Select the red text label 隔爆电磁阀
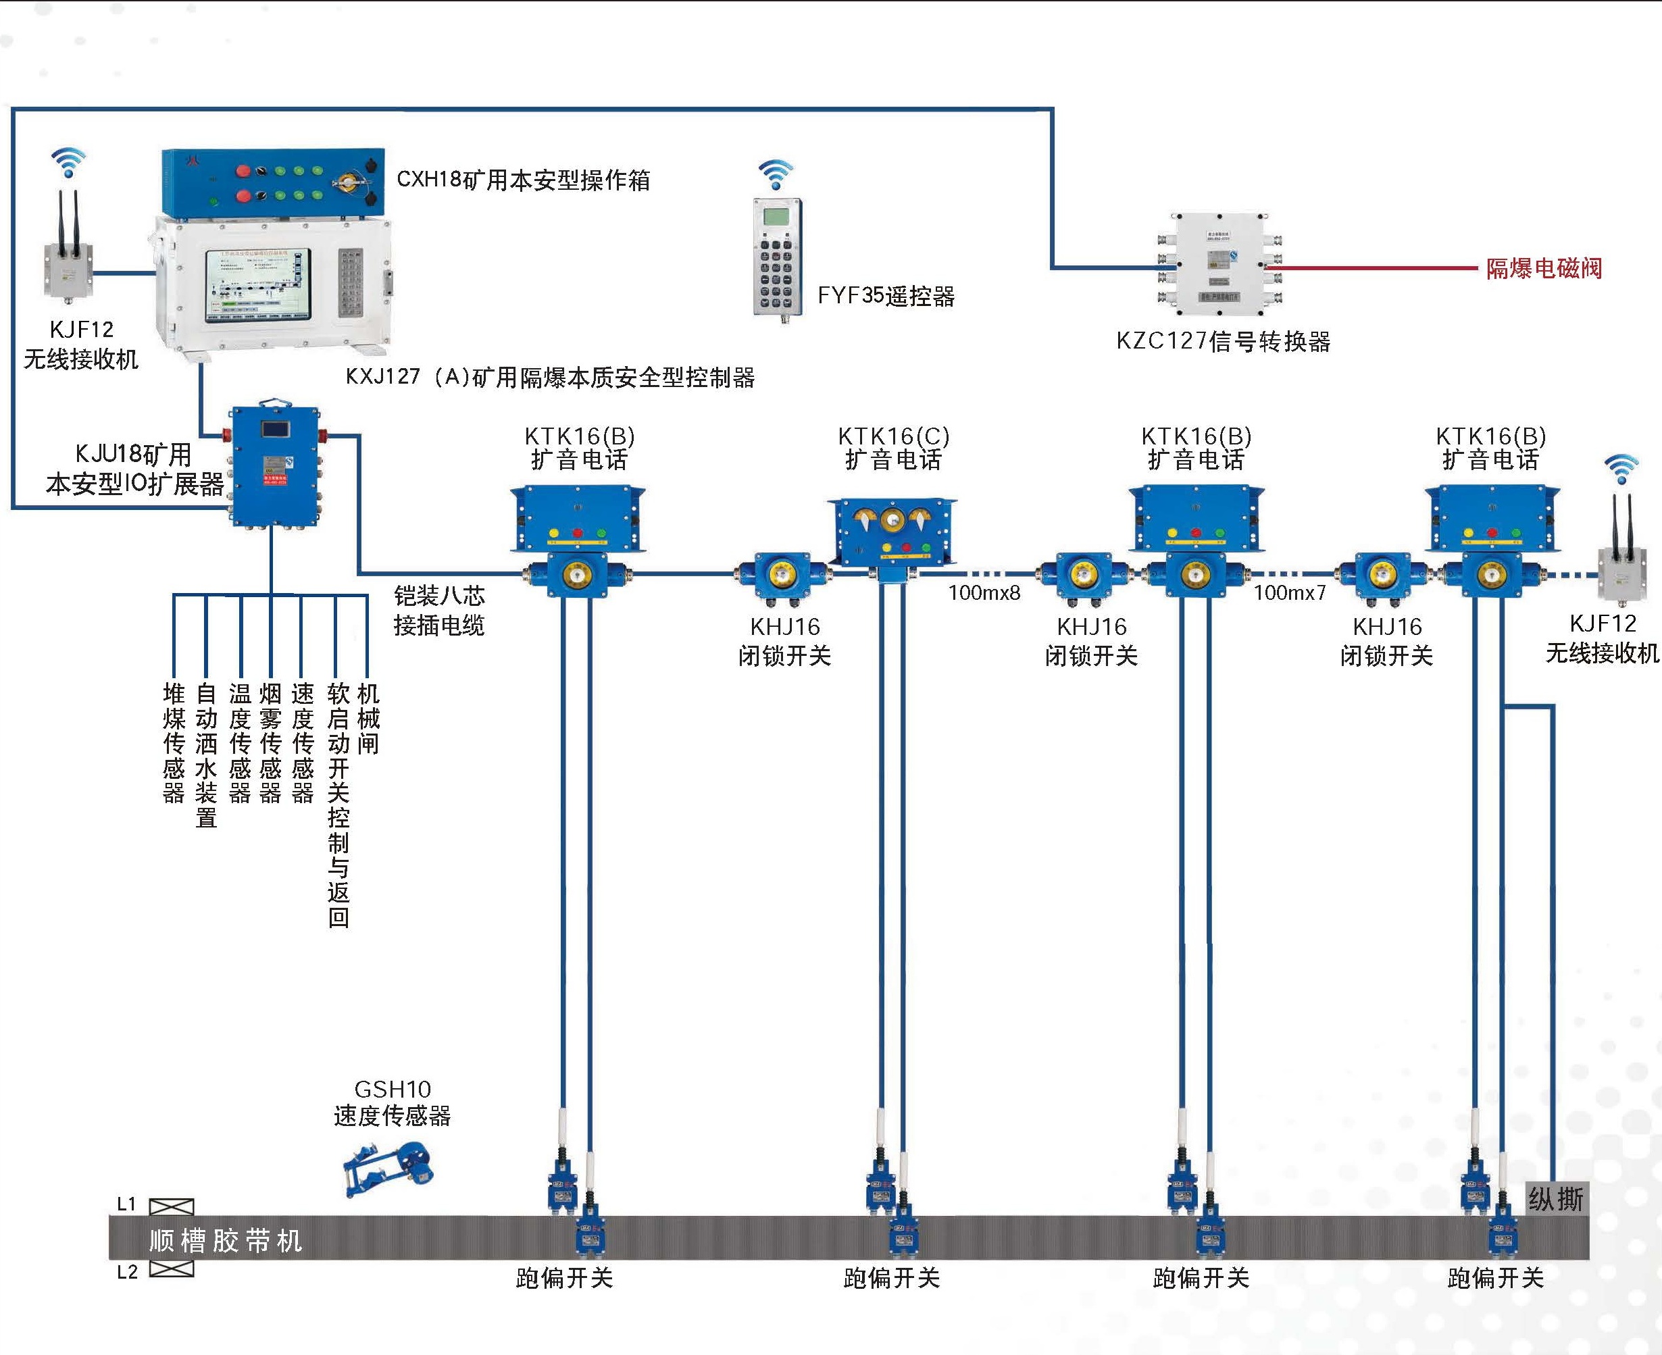coord(1543,269)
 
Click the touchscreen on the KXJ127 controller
coord(257,286)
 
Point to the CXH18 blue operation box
coord(273,181)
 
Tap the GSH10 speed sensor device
coord(388,1169)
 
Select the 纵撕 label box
coord(1556,1199)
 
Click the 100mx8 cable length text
coord(984,592)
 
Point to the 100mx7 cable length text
coord(1290,592)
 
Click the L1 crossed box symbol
coord(171,1206)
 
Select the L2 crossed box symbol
coord(171,1269)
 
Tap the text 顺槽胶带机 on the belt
coord(225,1240)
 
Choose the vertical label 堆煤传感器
coord(174,742)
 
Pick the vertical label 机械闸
coord(368,718)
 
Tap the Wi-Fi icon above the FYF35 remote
coord(775,175)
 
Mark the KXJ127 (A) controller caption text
coord(549,378)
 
